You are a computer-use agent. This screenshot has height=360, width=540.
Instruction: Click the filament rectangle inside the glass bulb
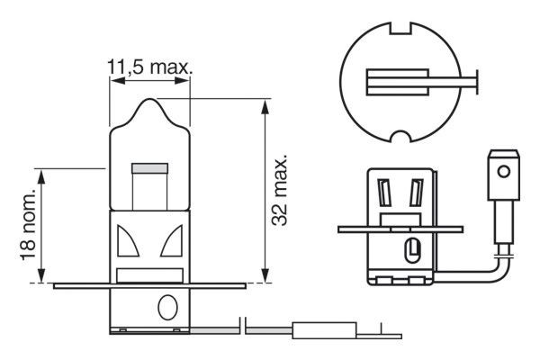150,168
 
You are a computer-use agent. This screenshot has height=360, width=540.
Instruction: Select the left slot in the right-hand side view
384,193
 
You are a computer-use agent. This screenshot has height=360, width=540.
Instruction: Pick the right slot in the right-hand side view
416,193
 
